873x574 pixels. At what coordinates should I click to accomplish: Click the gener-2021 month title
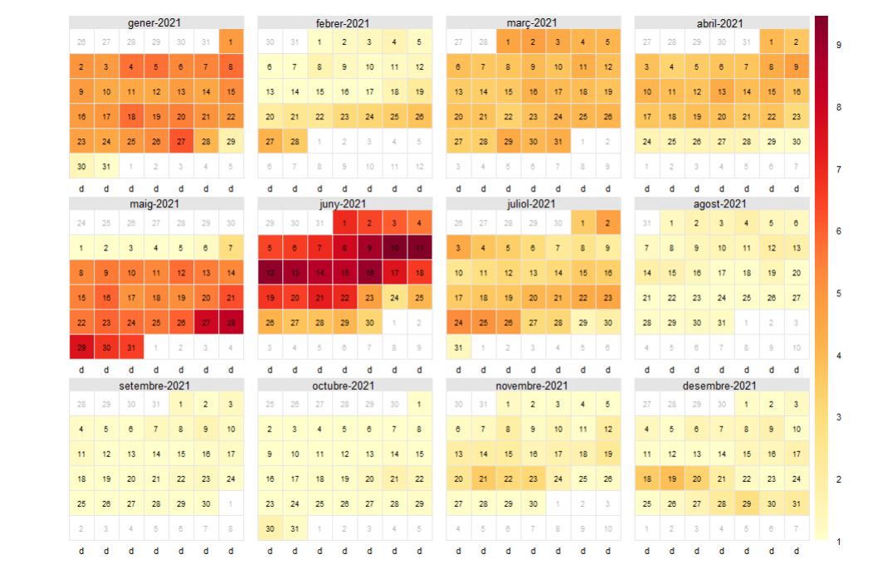[x=156, y=23]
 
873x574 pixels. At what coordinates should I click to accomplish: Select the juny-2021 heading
[x=344, y=203]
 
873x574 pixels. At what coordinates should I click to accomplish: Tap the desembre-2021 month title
[x=721, y=385]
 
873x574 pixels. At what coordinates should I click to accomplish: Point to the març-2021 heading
[x=533, y=23]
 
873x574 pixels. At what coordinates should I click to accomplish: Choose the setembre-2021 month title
[x=156, y=385]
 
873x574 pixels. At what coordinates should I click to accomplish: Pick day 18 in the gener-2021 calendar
[x=131, y=117]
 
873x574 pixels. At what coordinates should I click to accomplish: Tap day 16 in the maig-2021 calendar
[x=106, y=297]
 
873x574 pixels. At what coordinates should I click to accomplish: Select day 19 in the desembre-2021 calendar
[x=672, y=479]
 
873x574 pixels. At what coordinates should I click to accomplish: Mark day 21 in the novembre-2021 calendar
[x=484, y=479]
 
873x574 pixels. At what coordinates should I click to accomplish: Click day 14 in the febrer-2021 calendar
[x=295, y=92]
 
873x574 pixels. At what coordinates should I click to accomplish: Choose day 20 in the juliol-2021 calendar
[x=534, y=297]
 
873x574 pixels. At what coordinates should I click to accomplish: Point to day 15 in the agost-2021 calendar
[x=672, y=272]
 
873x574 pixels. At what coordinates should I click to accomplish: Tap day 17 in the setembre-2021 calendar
[x=231, y=454]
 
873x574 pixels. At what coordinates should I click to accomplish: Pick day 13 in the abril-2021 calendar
[x=722, y=92]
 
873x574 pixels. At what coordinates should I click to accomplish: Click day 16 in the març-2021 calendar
[x=534, y=92]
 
